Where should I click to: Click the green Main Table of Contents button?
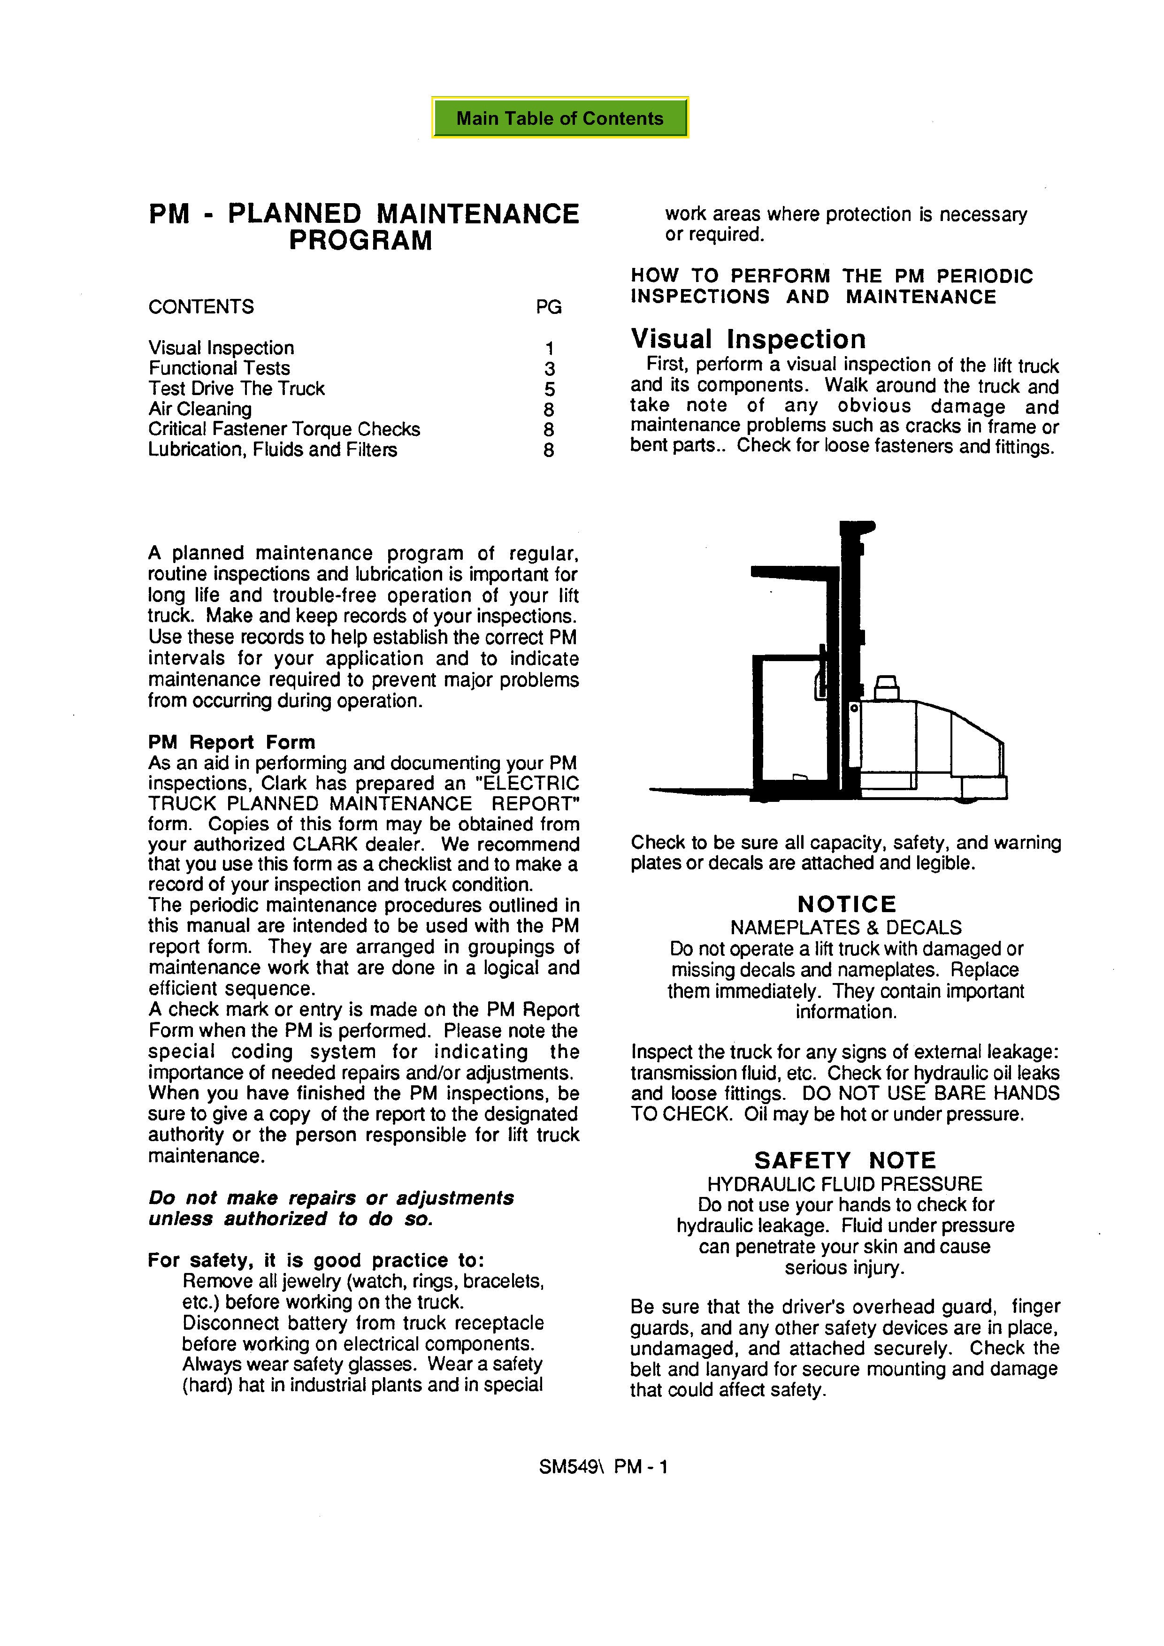[x=559, y=118]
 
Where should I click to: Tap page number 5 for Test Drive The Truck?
[x=549, y=389]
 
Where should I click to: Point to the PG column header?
[x=549, y=307]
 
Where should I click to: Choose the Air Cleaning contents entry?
[x=199, y=409]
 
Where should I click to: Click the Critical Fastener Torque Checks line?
[x=284, y=429]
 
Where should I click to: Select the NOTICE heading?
[x=846, y=904]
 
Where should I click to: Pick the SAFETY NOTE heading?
[x=845, y=1161]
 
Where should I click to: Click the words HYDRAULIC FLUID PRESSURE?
[x=845, y=1184]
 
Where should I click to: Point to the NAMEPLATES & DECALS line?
[x=846, y=928]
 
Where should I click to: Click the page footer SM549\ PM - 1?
[x=603, y=1467]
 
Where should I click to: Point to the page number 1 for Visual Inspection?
[x=549, y=349]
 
